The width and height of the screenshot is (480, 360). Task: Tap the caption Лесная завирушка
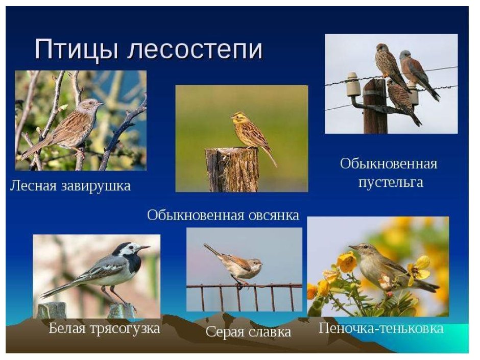point(70,186)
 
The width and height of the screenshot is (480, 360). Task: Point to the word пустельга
point(391,182)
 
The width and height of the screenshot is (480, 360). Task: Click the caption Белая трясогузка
point(104,328)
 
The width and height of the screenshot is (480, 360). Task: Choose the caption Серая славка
point(248,332)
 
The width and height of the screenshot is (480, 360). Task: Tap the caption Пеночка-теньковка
point(381,328)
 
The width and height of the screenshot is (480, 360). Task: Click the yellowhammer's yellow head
point(237,118)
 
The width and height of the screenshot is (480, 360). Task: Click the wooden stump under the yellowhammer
point(232,170)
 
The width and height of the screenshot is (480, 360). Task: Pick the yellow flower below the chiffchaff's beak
point(347,262)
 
